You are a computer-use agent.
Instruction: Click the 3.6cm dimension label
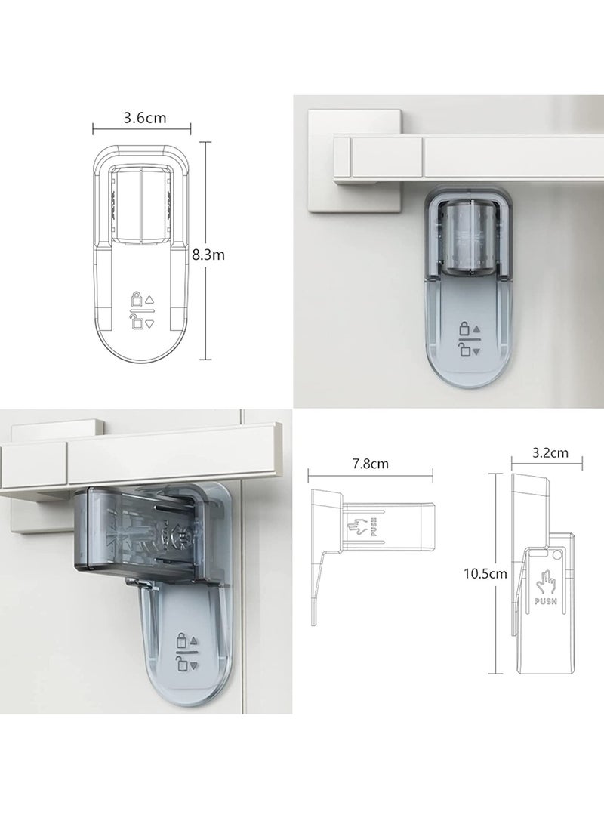(x=144, y=119)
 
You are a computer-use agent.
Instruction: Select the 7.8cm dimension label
(x=370, y=464)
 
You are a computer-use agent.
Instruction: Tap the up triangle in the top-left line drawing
(x=149, y=300)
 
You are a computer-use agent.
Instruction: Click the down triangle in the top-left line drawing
(x=149, y=323)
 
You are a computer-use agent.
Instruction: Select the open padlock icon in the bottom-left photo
(x=180, y=664)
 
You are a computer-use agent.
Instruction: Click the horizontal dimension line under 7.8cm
(x=371, y=474)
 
